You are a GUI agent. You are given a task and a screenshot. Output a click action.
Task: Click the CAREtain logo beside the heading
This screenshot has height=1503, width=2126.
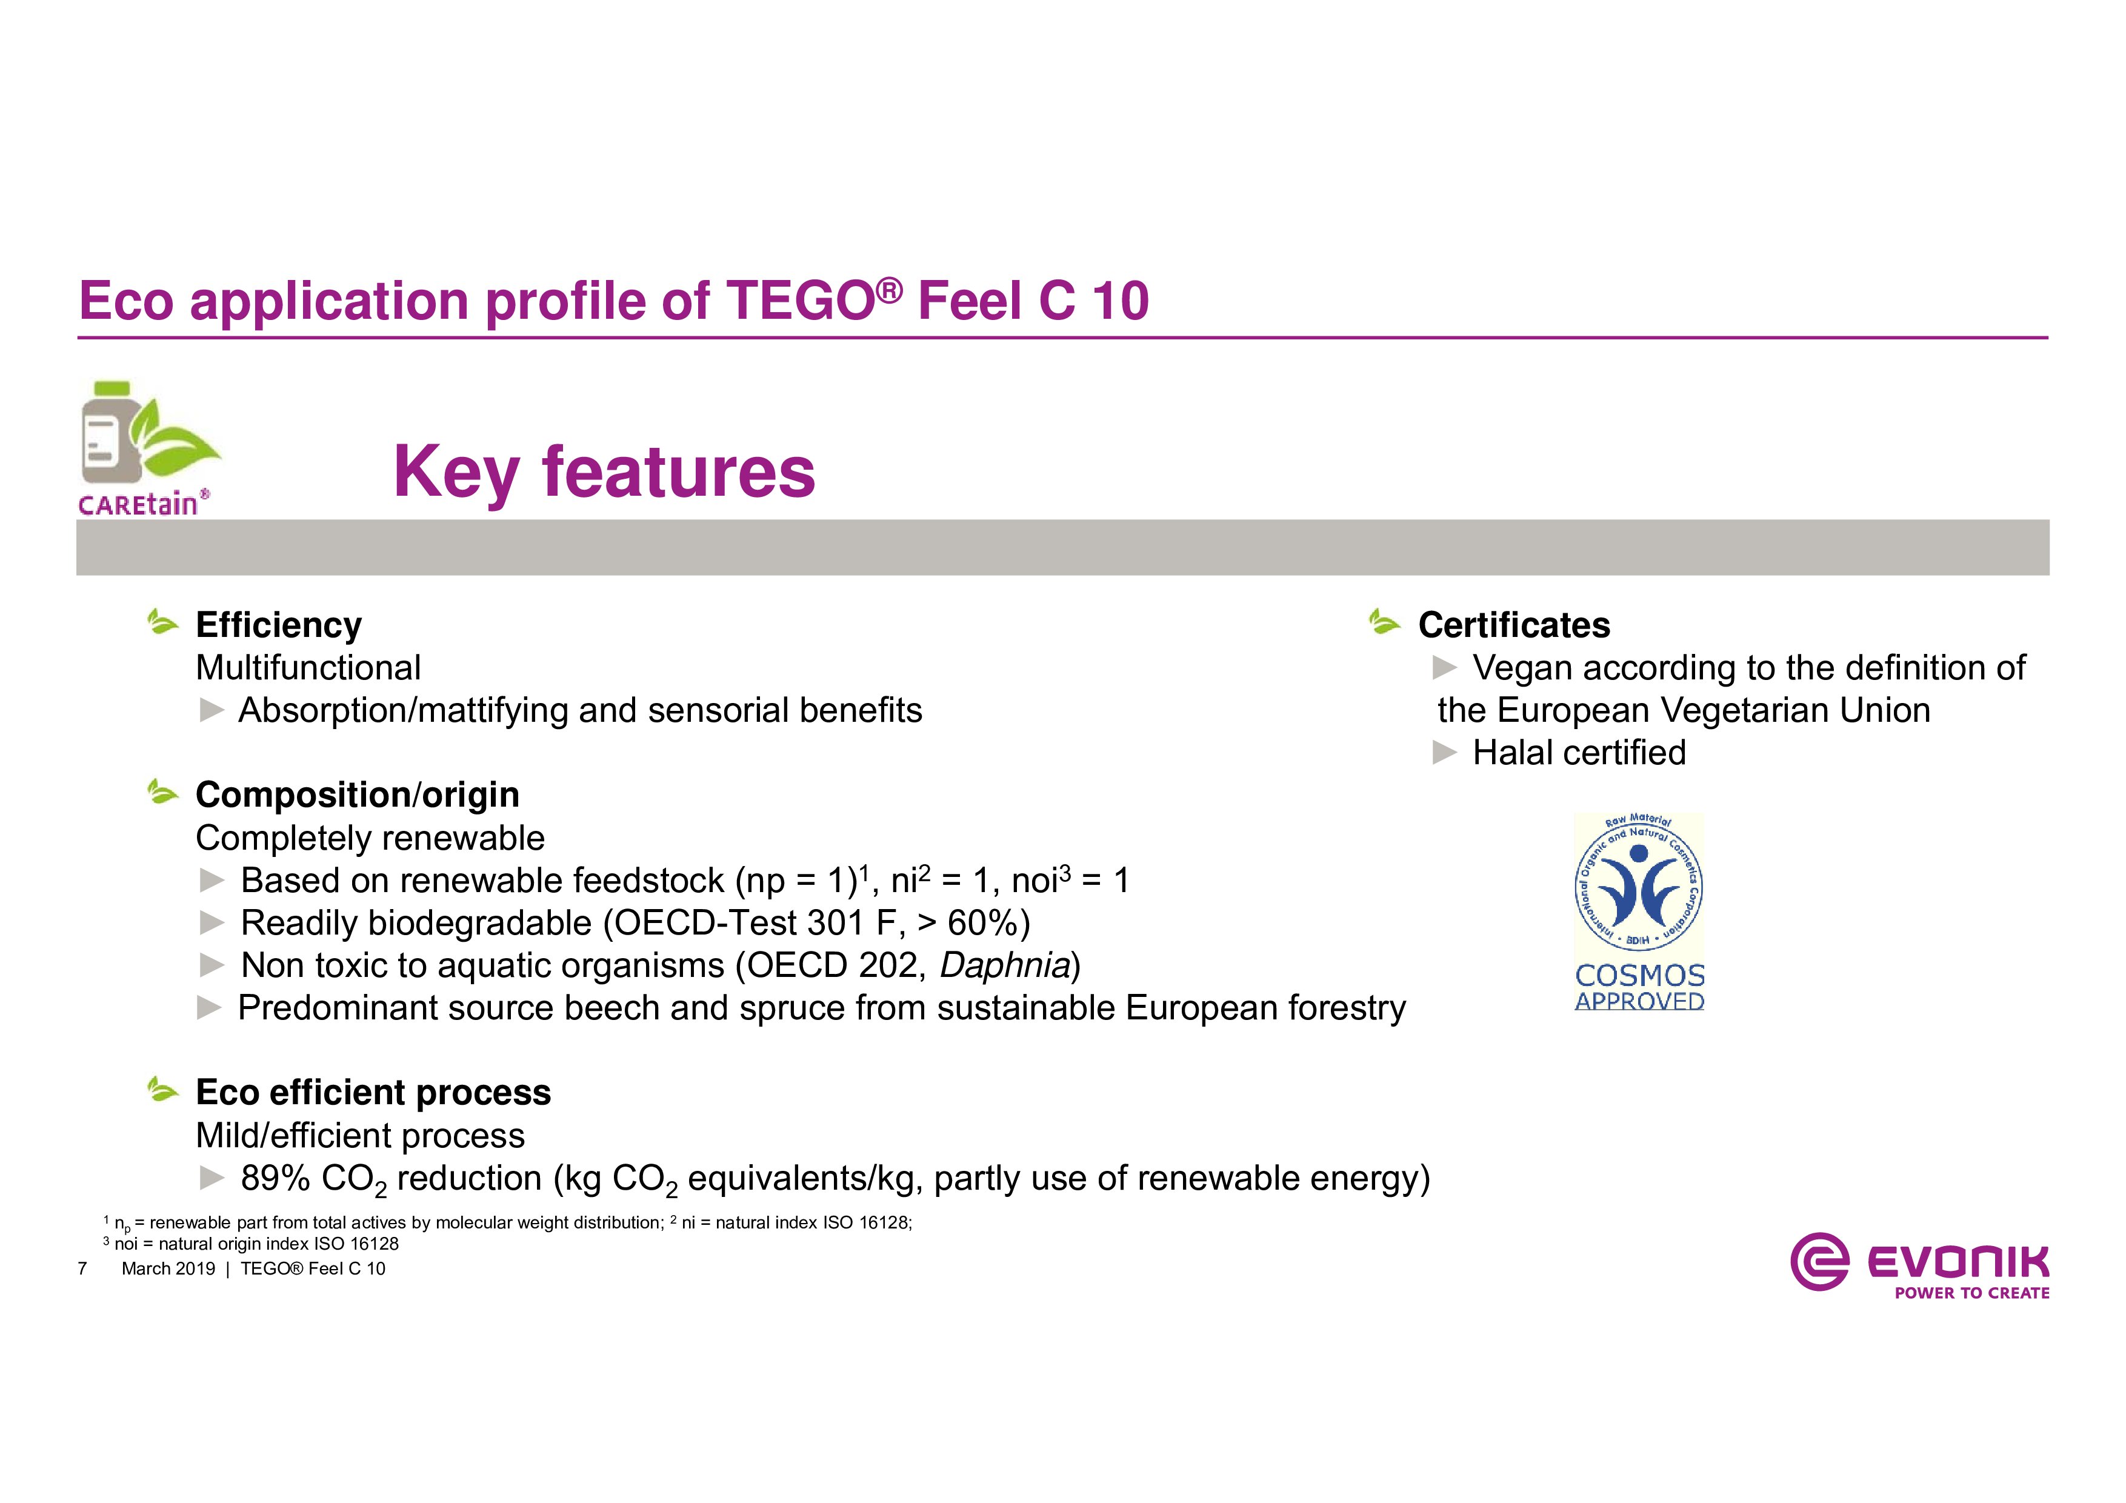point(148,448)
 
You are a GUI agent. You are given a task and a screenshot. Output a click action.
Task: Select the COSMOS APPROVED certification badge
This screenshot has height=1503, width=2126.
point(1639,911)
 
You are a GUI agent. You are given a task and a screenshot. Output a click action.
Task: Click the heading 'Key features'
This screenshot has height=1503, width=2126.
point(604,472)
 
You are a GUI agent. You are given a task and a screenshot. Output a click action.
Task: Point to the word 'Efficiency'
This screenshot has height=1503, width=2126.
point(279,626)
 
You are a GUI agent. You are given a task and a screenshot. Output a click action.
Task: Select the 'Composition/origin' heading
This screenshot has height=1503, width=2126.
point(358,796)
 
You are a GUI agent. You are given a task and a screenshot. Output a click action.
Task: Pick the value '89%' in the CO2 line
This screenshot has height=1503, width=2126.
point(275,1178)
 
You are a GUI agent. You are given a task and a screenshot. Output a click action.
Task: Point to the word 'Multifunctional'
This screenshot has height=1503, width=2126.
point(308,668)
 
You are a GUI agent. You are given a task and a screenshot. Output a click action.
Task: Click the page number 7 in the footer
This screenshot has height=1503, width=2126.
point(82,1268)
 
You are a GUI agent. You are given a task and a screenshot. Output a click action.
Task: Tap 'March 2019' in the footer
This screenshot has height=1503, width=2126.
point(168,1268)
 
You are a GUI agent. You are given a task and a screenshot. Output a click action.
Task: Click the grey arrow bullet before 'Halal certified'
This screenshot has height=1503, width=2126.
point(1444,753)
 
